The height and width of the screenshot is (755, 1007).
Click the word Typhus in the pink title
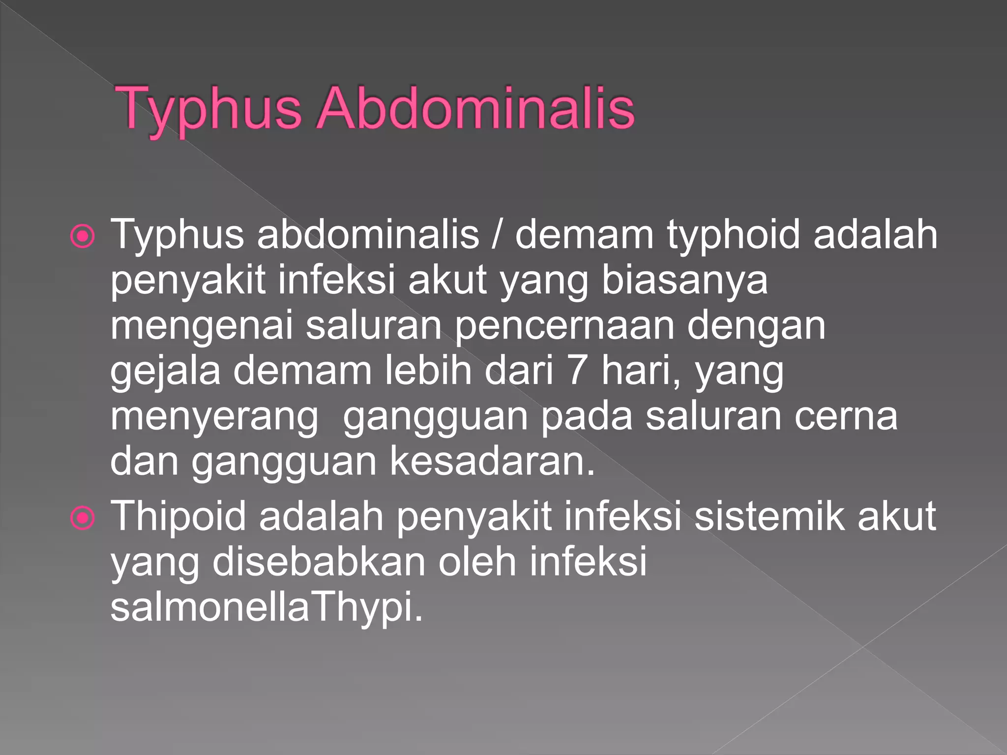[x=208, y=109]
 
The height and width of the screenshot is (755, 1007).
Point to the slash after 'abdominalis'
[x=497, y=234]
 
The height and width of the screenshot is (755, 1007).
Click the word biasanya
[x=684, y=281]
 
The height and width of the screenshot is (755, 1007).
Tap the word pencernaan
[x=564, y=326]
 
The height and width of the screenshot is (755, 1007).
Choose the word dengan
[x=756, y=326]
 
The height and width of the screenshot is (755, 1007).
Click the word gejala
[x=165, y=372]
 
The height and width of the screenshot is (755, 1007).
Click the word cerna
[x=846, y=416]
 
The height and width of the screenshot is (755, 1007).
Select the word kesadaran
[x=493, y=462]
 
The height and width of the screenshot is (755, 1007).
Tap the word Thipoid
[x=178, y=517]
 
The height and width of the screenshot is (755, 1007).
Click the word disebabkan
[x=319, y=562]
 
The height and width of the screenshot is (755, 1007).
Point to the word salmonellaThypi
[x=266, y=608]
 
